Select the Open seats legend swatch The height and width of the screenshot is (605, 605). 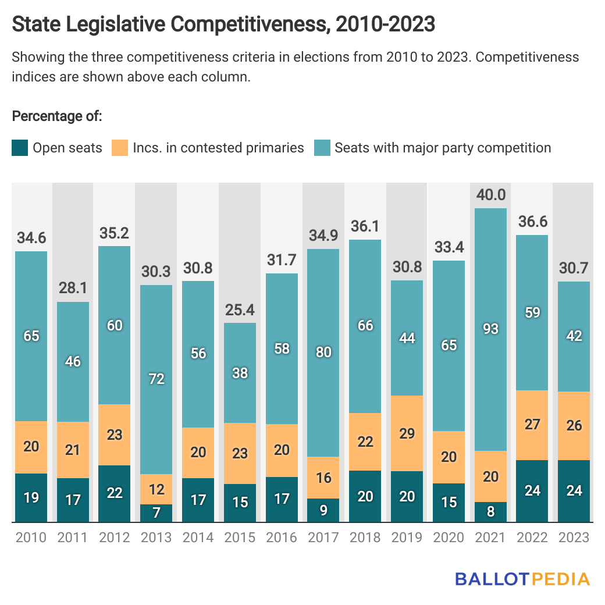20,148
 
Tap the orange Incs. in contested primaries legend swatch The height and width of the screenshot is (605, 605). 120,148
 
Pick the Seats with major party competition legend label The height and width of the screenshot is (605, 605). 443,148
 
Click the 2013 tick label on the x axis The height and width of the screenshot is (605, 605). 156,537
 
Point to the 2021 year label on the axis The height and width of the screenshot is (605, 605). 491,537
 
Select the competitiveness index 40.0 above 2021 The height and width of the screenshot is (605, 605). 491,195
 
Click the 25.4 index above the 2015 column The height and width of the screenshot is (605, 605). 240,309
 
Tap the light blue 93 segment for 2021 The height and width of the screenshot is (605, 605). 491,329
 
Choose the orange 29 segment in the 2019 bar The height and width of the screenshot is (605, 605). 407,433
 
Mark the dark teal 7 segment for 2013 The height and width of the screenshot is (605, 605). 156,513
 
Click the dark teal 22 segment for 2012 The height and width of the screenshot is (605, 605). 115,493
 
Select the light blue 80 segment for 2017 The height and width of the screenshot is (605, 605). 323,353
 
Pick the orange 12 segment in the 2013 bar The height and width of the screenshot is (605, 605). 156,489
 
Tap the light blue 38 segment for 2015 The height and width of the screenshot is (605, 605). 240,373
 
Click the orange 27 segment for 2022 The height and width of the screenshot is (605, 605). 532,425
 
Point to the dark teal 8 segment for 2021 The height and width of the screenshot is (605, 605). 491,512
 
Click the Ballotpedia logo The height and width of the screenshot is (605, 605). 522,579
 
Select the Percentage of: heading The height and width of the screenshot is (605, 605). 57,116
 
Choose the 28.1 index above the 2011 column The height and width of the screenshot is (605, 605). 73,288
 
